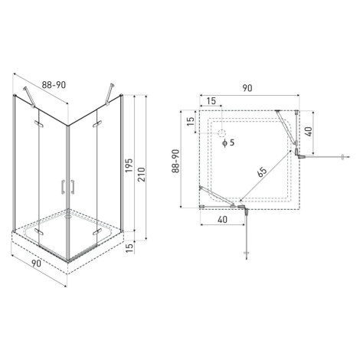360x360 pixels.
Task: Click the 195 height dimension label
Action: tap(129, 165)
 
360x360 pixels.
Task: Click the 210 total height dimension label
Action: tap(141, 175)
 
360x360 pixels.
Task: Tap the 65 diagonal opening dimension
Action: tap(262, 172)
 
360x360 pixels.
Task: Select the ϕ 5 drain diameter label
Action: tap(228, 142)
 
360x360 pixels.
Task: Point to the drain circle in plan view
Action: tap(221, 133)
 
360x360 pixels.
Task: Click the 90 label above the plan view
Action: tap(247, 88)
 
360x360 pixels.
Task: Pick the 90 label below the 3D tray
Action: tap(36, 263)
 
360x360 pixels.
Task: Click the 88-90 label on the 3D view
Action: tap(54, 85)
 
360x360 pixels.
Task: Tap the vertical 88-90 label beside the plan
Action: tap(176, 162)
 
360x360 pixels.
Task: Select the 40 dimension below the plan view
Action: tap(223, 219)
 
